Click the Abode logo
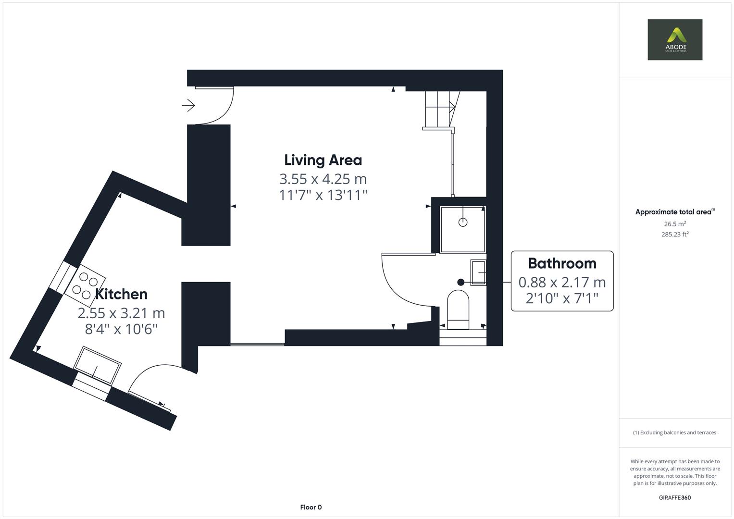coord(674,39)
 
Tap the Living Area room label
coord(323,160)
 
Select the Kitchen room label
coord(121,294)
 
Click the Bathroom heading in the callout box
coord(562,263)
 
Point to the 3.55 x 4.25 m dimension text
coord(323,179)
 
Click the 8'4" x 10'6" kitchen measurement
coord(121,329)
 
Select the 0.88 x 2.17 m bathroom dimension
coord(562,282)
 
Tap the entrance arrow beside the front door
coord(188,105)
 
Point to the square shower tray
coord(462,229)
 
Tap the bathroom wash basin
coord(478,272)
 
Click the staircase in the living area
coord(439,110)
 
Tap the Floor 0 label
coord(311,507)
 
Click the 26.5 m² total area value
coord(674,223)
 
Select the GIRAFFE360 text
coord(674,497)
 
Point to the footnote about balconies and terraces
coord(674,432)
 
